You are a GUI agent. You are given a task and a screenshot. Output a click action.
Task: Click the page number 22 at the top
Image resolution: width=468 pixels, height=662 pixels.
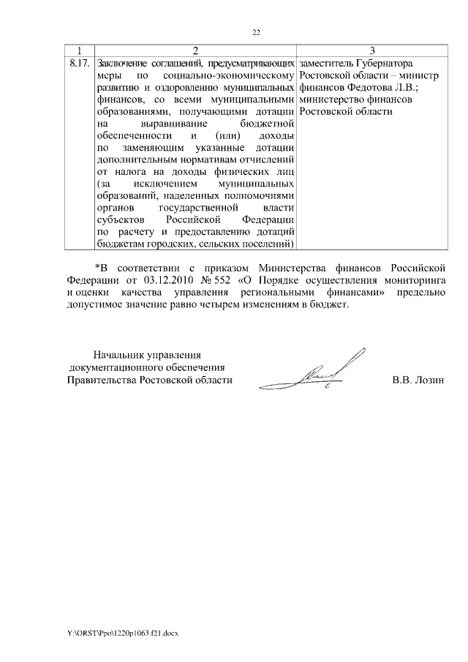click(256, 32)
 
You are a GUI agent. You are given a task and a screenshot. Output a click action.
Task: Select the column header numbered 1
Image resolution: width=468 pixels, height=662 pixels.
click(80, 50)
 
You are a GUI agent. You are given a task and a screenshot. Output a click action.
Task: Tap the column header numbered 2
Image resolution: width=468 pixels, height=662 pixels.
click(195, 50)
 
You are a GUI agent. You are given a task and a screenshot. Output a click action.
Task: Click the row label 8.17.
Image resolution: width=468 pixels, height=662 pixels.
click(79, 63)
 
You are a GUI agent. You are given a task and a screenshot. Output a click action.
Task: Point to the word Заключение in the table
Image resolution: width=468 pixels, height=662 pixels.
click(122, 63)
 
